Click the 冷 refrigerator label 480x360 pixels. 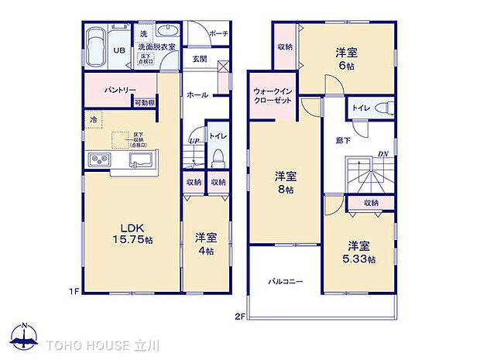click(93, 120)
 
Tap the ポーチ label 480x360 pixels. click(219, 34)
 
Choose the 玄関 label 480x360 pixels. click(199, 59)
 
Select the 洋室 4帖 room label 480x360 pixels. click(206, 243)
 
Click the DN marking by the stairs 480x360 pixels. click(382, 153)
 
